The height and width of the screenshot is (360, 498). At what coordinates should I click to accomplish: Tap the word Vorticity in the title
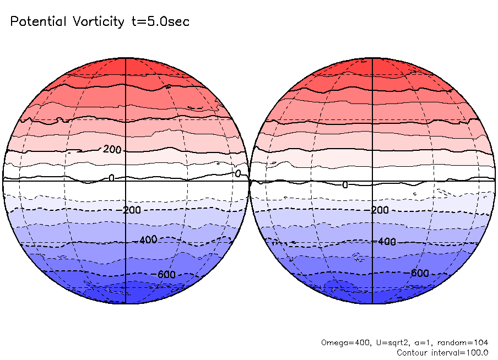pos(98,22)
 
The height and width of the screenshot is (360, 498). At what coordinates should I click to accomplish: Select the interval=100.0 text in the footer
pos(462,352)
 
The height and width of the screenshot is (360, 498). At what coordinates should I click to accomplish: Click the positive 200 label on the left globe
pos(112,150)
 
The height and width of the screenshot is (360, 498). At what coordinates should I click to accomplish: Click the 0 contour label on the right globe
pos(345,185)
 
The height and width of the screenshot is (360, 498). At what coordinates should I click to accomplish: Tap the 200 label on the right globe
pos(380,210)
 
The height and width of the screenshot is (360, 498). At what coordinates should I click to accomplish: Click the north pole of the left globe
pos(126,58)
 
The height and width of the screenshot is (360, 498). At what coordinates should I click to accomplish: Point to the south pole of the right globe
pos(373,303)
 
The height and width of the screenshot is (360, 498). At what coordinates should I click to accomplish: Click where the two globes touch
pos(250,181)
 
